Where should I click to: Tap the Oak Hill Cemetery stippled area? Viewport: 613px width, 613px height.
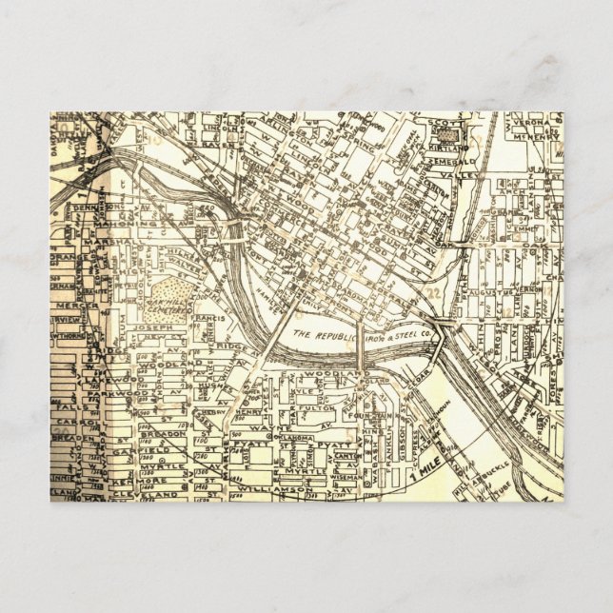coord(172,296)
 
